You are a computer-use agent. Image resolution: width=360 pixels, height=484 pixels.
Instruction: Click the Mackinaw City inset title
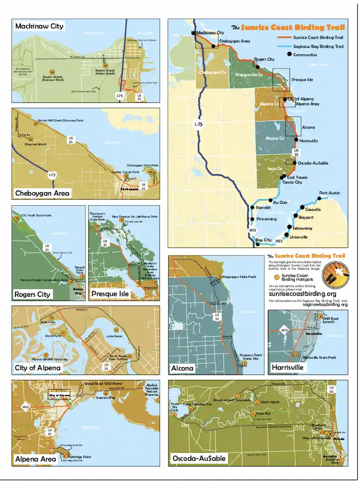tap(40, 26)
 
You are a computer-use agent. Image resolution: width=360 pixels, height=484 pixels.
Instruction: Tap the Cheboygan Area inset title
tap(43, 193)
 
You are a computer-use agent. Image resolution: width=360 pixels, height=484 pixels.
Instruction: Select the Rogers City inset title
tap(33, 294)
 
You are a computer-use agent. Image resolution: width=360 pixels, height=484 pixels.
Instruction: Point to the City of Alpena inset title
tap(38, 368)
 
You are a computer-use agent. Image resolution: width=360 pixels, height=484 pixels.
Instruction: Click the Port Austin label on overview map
tap(330, 193)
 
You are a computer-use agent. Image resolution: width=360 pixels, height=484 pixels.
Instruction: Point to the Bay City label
tap(263, 240)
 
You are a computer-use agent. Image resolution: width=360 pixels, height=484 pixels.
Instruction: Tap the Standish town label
tap(263, 208)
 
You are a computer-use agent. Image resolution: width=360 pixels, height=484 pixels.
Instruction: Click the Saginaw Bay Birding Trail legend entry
tap(318, 46)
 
